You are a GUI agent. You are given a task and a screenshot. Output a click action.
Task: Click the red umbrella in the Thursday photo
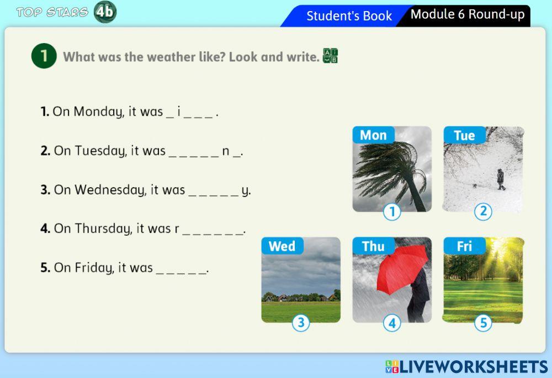click(x=402, y=268)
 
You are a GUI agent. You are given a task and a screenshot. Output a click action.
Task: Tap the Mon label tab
click(x=373, y=135)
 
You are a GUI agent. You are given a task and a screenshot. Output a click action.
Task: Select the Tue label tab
click(x=464, y=135)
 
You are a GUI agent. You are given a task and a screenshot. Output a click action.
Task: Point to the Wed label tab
click(x=282, y=246)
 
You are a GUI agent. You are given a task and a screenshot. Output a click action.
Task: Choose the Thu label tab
click(x=373, y=246)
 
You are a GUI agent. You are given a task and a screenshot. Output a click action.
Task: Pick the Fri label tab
click(x=464, y=246)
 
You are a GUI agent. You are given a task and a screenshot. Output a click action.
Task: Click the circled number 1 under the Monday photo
click(x=392, y=212)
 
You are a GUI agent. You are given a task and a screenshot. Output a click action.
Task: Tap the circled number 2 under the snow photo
click(x=483, y=211)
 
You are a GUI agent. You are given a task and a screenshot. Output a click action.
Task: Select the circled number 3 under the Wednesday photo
click(x=301, y=323)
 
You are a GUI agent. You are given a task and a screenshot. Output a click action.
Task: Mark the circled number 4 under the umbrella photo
click(x=392, y=323)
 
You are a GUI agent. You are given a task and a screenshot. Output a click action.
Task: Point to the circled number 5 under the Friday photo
click(x=483, y=323)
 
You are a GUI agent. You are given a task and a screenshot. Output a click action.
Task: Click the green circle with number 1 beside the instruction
click(x=44, y=56)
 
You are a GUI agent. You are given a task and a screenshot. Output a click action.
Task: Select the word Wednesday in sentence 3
click(x=110, y=190)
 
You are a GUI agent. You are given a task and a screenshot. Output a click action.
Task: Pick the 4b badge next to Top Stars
click(x=105, y=12)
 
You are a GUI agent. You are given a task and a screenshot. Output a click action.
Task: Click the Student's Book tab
click(x=349, y=16)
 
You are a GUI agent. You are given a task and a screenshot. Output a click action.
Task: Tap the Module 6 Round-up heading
click(x=468, y=14)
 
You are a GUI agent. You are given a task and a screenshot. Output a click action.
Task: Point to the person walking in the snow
click(x=501, y=179)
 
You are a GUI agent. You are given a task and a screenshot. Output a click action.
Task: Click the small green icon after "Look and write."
click(x=330, y=56)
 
